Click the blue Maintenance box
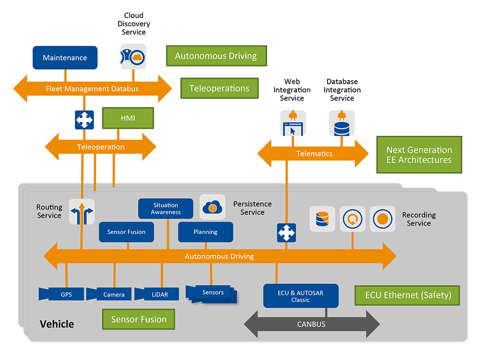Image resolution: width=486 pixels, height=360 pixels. pos(65,58)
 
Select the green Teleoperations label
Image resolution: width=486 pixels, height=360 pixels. pos(219,89)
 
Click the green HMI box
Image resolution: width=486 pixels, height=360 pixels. pos(128,118)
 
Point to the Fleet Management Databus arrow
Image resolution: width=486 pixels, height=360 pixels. pos(92,89)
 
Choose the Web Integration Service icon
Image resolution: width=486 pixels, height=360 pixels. pos(293,123)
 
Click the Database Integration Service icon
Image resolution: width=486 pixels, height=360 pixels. pos(342,123)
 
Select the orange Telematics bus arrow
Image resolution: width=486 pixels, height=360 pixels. pos(313,154)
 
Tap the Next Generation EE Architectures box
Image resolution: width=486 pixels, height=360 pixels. pos(419,155)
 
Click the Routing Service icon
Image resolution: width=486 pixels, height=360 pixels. pos(82,212)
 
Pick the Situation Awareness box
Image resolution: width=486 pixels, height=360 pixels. pos(166,208)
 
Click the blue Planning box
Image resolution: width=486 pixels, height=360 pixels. pos(205,232)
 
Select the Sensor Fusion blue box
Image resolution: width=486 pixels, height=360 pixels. pos(126,232)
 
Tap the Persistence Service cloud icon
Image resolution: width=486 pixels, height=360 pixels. pos(212,207)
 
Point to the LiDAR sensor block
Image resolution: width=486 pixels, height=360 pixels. pos(157,294)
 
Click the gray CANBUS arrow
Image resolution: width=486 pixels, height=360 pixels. pos(311,324)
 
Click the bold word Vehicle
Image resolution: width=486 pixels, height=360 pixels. pos(57,324)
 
